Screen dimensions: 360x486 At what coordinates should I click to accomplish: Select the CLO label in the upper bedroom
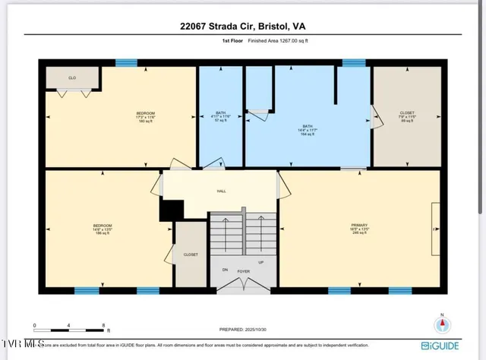pos(71,77)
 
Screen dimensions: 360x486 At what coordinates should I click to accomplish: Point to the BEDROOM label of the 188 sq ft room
pos(103,226)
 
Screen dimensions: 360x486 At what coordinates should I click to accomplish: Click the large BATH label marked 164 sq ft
pos(308,126)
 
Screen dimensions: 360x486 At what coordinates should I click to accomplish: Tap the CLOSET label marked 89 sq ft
pos(407,113)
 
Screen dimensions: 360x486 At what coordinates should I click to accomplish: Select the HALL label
pos(221,191)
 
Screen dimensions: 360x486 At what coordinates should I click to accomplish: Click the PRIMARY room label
pos(359,226)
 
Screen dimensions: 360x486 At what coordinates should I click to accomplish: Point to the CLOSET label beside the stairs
pos(191,254)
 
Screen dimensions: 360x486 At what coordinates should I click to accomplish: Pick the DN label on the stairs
pos(224,270)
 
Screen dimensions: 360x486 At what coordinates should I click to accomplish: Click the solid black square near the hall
pos(172,210)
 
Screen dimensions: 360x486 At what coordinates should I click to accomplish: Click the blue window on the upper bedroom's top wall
pos(126,62)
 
